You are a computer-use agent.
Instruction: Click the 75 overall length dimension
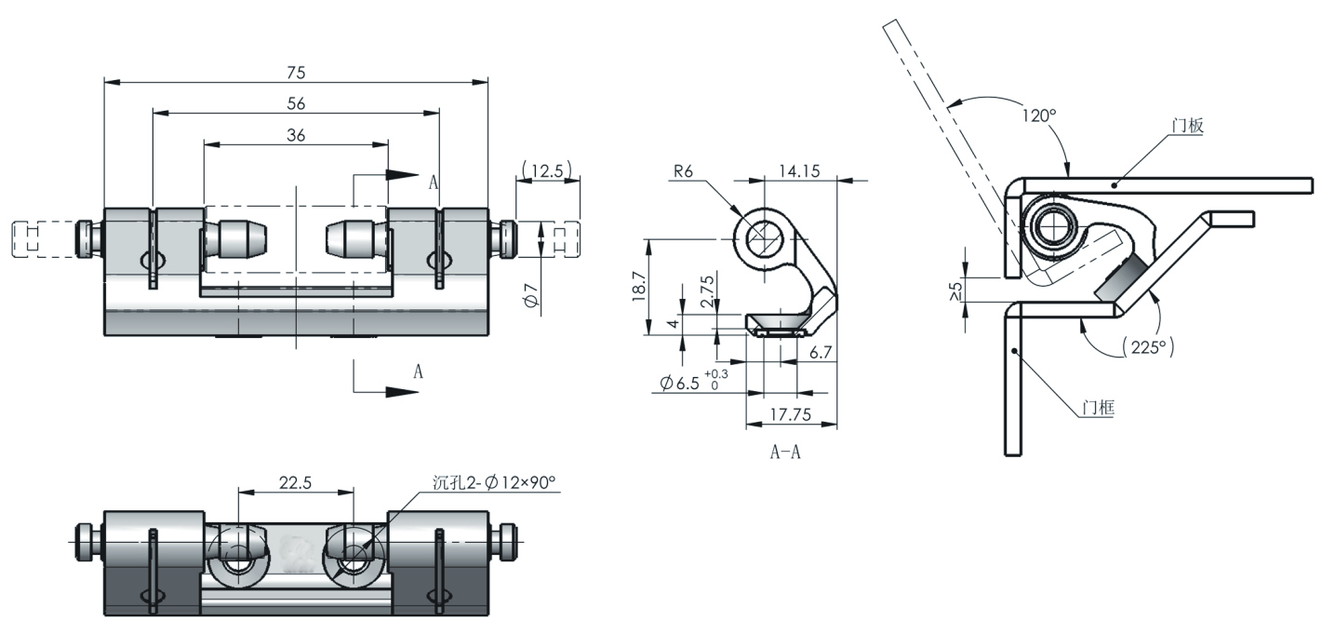pyautogui.click(x=296, y=73)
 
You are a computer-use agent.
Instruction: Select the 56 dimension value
pyautogui.click(x=296, y=103)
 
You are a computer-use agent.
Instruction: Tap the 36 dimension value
pyautogui.click(x=296, y=135)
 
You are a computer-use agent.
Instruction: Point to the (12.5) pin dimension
pyautogui.click(x=548, y=170)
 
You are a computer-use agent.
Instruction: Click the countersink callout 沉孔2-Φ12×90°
pyautogui.click(x=494, y=481)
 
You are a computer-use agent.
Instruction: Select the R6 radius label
pyautogui.click(x=689, y=170)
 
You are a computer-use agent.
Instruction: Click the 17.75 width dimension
pyautogui.click(x=790, y=415)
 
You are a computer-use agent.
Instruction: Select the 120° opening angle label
pyautogui.click(x=1039, y=116)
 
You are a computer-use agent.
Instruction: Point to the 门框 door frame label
pyautogui.click(x=1098, y=407)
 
